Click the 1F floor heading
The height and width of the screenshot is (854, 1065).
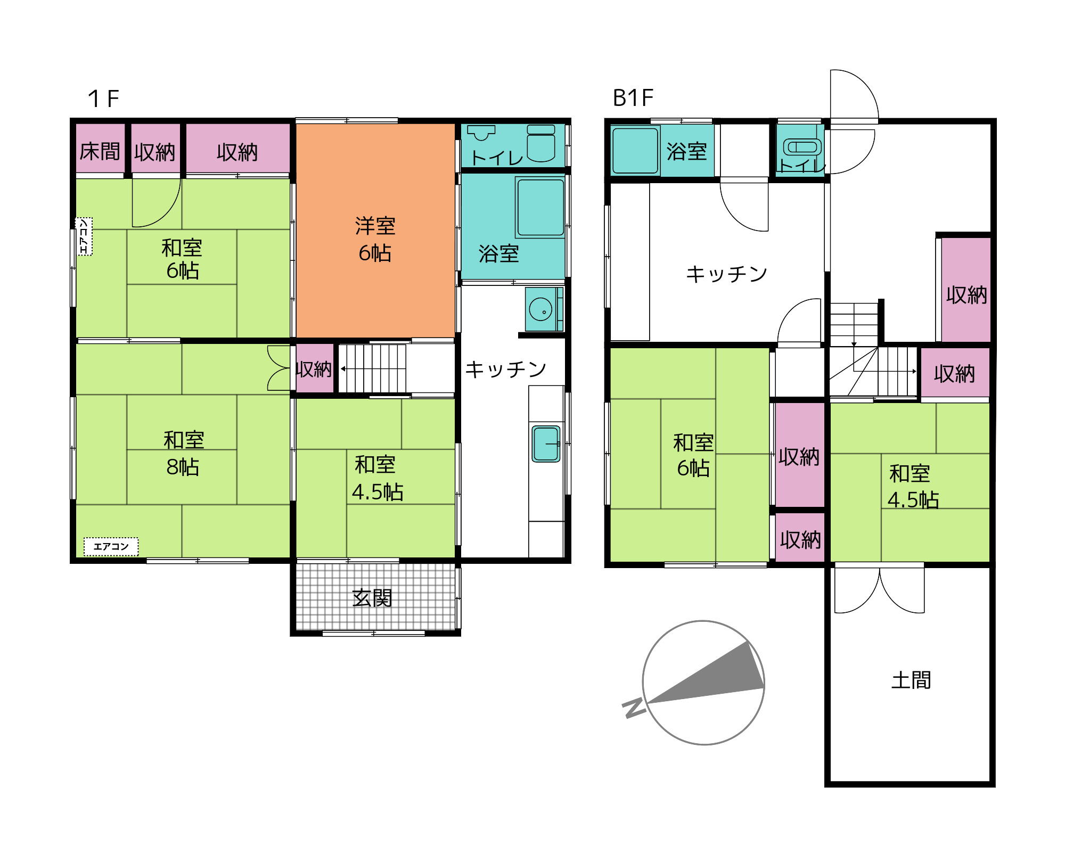click(103, 98)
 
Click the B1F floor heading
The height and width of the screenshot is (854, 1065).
click(633, 98)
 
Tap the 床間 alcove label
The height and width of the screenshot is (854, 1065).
click(100, 152)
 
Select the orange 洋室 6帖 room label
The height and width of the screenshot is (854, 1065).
click(375, 240)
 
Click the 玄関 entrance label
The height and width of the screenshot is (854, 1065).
click(372, 598)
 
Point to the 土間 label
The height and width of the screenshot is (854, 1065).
click(911, 680)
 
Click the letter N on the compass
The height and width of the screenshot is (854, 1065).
click(634, 708)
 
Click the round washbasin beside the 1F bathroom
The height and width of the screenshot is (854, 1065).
click(540, 309)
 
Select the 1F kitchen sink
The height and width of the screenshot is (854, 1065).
click(546, 444)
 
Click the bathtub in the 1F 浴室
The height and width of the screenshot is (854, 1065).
click(540, 207)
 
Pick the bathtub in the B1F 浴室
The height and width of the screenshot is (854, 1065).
click(635, 151)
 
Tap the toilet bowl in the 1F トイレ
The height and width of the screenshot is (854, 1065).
click(541, 144)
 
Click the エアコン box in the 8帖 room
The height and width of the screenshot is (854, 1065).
click(111, 547)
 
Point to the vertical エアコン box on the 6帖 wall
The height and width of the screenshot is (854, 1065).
click(84, 236)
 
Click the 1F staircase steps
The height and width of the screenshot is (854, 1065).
click(372, 368)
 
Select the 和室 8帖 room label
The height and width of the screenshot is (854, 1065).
click(184, 454)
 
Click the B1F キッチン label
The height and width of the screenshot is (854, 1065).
click(726, 274)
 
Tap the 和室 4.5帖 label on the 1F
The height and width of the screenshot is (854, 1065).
click(378, 478)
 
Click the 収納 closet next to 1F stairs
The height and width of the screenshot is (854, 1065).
click(315, 368)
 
